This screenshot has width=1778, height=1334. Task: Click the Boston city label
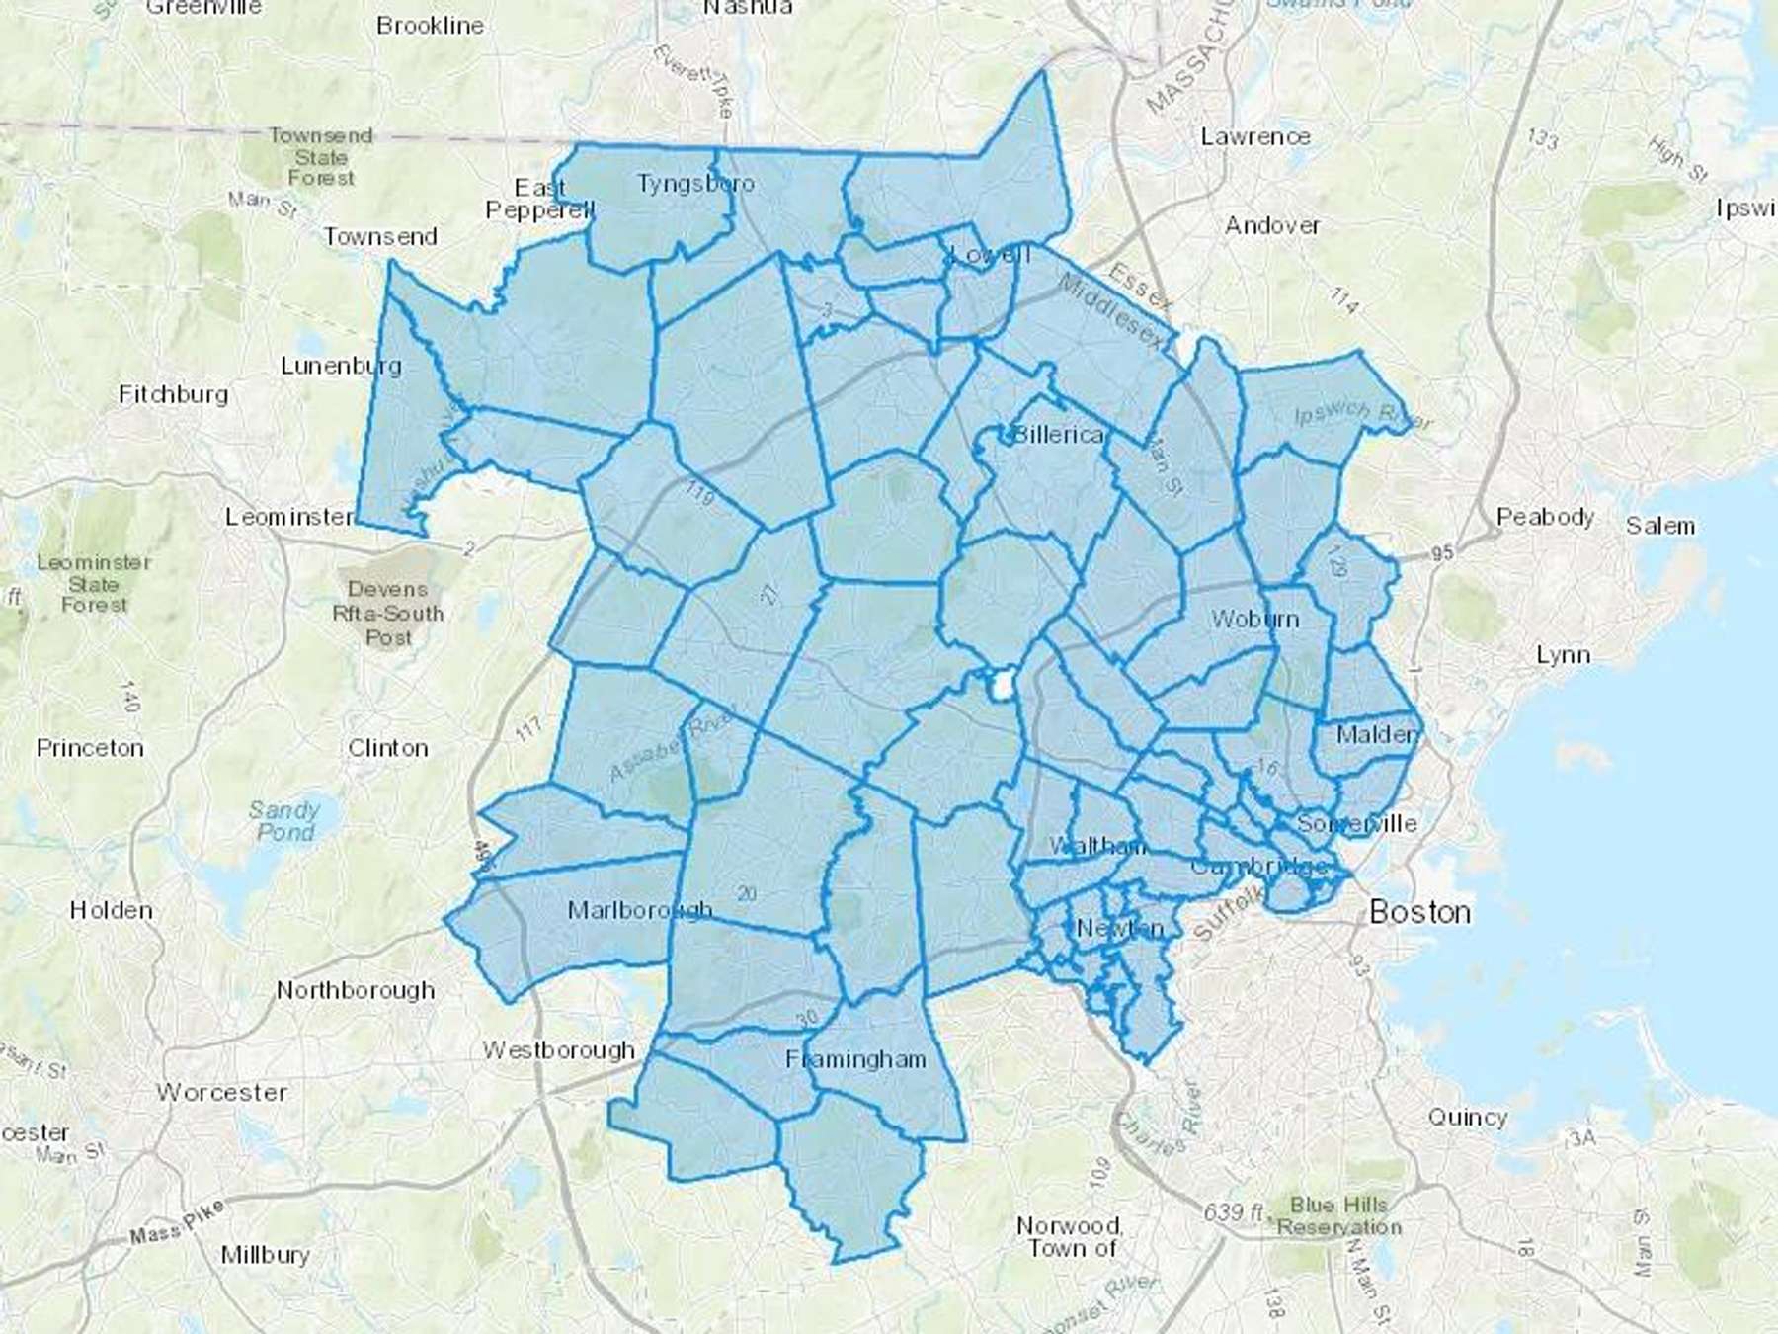click(1419, 911)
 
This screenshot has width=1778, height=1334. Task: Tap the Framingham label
click(855, 1059)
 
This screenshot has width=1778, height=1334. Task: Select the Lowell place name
click(990, 254)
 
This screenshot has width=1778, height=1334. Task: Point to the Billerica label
click(1058, 434)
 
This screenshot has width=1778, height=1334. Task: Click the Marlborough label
click(639, 909)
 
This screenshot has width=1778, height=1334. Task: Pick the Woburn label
click(1254, 619)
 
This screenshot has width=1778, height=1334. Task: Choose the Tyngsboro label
click(695, 183)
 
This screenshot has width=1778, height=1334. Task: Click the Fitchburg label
click(173, 394)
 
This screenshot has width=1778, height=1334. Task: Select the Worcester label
click(222, 1092)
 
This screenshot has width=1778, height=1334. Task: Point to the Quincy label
click(1467, 1117)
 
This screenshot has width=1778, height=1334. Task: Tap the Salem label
click(1659, 526)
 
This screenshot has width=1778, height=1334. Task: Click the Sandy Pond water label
click(284, 821)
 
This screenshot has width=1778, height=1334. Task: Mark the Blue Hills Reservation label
click(1338, 1216)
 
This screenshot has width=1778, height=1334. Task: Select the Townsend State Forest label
click(320, 157)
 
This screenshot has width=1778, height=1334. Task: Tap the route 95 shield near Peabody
click(1442, 552)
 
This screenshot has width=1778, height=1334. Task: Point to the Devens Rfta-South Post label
click(388, 613)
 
